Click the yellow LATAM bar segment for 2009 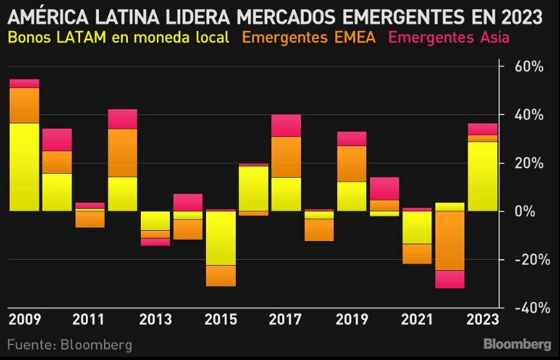[x=24, y=167]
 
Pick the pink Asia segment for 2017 [x=286, y=125]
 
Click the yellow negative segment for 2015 [x=221, y=238]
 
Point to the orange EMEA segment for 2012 [x=122, y=153]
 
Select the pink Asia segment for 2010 [x=57, y=140]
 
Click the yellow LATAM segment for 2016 [x=253, y=188]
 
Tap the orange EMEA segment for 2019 [x=351, y=164]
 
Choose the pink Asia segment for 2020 [x=384, y=189]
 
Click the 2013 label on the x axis [x=155, y=320]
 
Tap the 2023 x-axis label [x=482, y=320]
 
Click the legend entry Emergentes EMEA [x=308, y=37]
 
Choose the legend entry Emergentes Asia [x=448, y=37]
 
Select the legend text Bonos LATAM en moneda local [x=118, y=37]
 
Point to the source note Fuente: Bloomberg [x=70, y=344]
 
